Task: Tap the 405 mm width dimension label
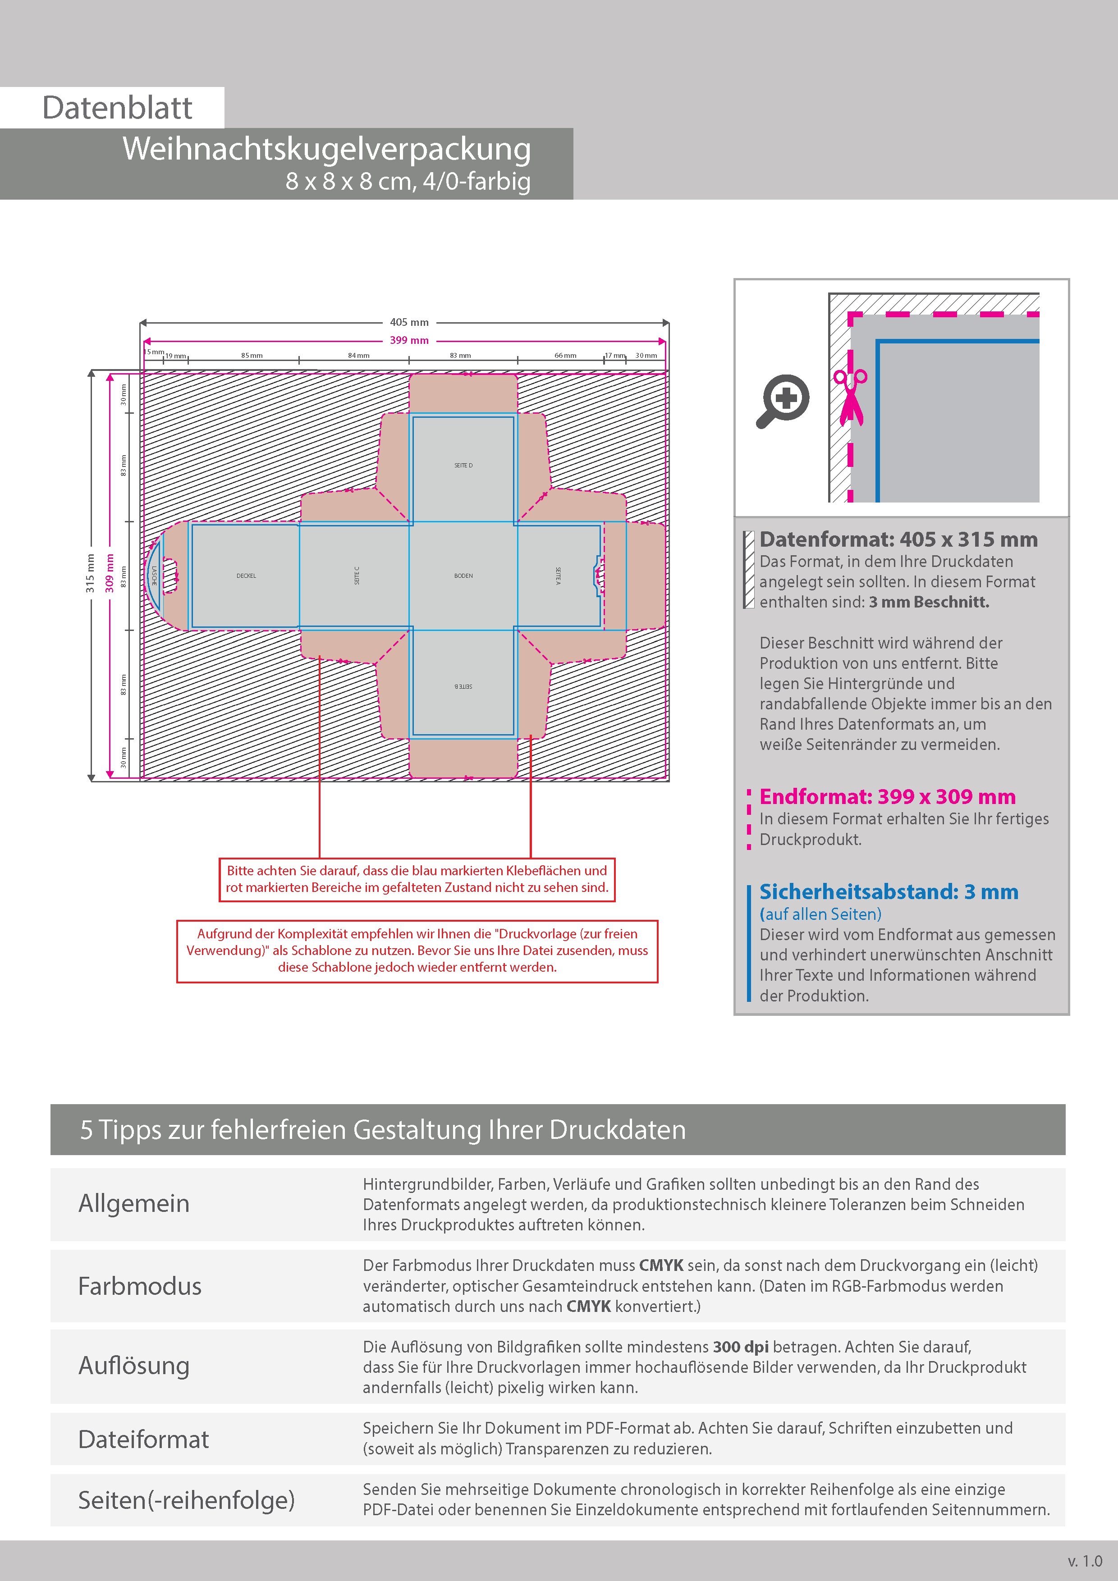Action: click(x=409, y=322)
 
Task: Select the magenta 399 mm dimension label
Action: click(x=409, y=340)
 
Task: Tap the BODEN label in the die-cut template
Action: click(x=463, y=576)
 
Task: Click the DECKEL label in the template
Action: click(x=246, y=576)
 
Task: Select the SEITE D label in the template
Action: click(x=463, y=466)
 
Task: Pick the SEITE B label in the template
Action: click(x=463, y=686)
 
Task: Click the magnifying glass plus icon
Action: click(x=783, y=401)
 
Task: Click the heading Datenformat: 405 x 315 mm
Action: click(x=898, y=540)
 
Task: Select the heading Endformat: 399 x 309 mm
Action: click(x=887, y=797)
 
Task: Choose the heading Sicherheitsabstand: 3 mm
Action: click(x=889, y=892)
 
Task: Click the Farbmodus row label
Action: click(x=140, y=1286)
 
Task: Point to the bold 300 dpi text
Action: click(x=741, y=1347)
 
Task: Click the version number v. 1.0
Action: click(x=1085, y=1561)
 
